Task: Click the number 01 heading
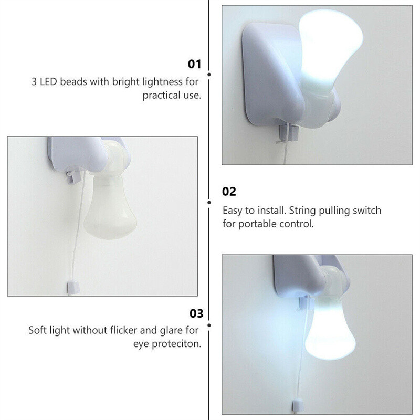(x=195, y=65)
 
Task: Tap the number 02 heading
(x=229, y=191)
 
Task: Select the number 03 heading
(x=195, y=314)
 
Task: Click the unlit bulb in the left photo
(x=112, y=210)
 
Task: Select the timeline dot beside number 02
(x=209, y=202)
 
